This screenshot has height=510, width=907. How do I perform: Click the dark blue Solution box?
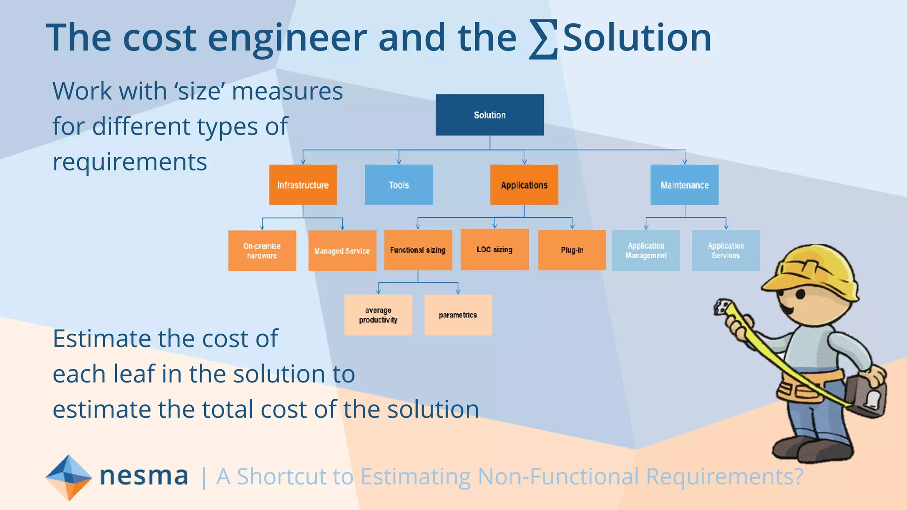tap(489, 115)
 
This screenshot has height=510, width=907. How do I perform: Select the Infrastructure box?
tap(303, 185)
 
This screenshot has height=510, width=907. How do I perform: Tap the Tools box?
tap(399, 185)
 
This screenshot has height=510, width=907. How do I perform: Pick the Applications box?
tap(524, 185)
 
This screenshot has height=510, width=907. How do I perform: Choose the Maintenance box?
tap(684, 185)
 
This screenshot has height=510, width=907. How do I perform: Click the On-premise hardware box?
tap(262, 251)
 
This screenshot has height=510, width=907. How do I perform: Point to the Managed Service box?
tap(342, 251)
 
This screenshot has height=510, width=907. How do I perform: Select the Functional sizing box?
tap(418, 250)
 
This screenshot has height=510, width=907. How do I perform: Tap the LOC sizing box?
tap(495, 249)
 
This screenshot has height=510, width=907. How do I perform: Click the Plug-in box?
tap(572, 250)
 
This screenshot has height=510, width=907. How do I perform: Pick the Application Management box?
tap(646, 250)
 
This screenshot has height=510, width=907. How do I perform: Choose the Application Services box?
tap(725, 250)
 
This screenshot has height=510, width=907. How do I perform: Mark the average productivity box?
tap(378, 315)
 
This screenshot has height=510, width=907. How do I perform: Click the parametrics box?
tap(458, 315)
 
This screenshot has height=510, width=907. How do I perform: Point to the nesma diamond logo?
tap(69, 477)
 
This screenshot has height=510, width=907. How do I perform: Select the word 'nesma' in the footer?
tap(144, 476)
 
